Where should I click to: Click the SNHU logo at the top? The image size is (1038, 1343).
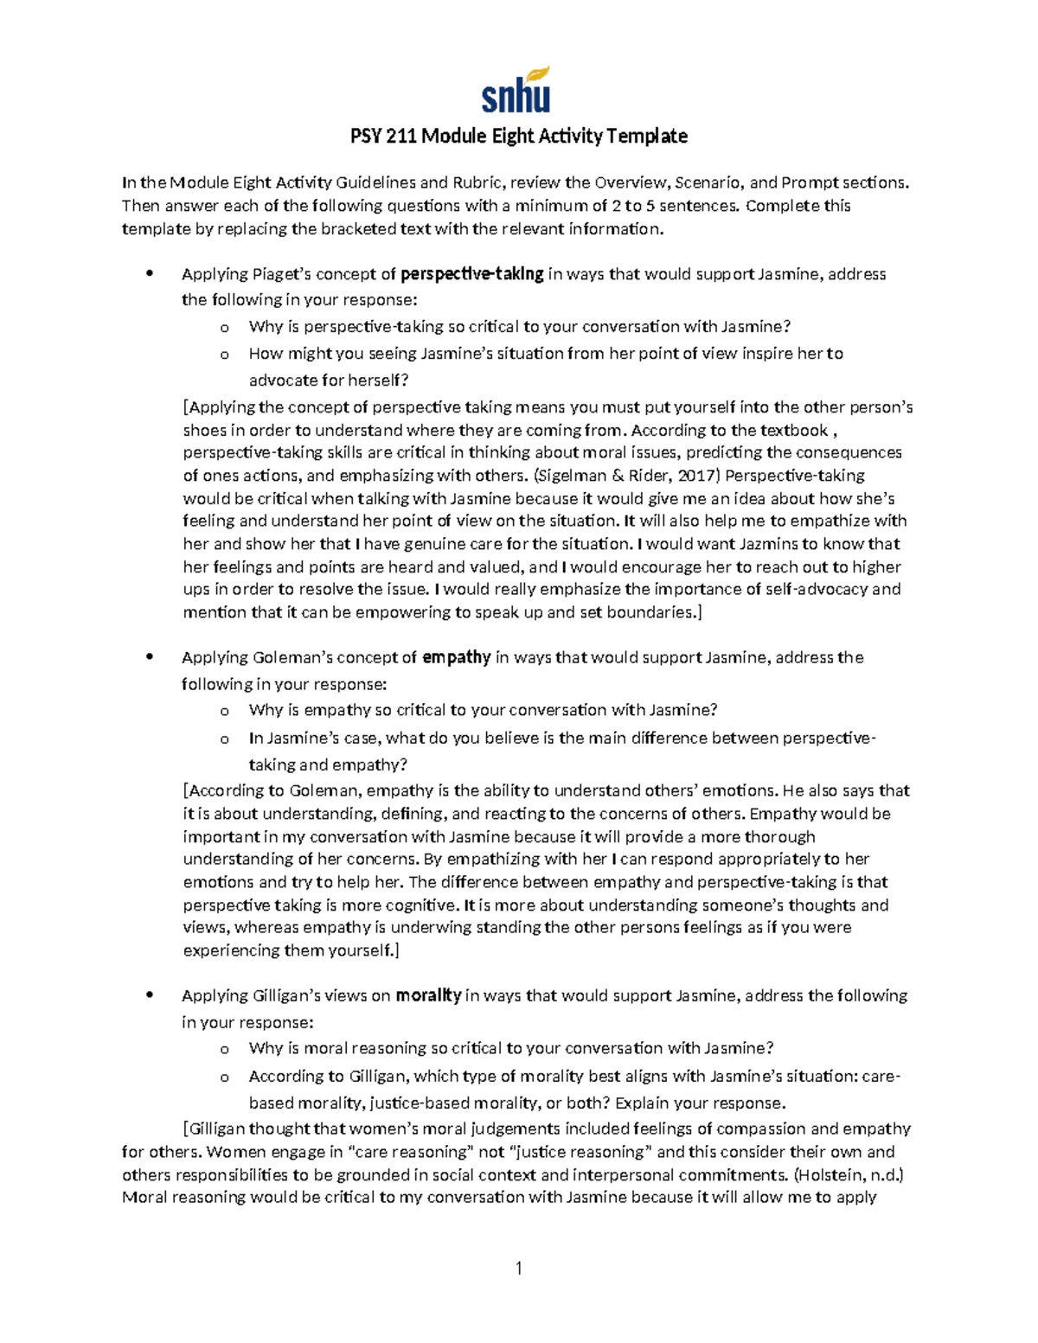pyautogui.click(x=516, y=91)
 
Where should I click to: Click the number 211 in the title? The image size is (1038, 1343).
pyautogui.click(x=400, y=136)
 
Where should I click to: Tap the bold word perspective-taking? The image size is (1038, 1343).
pyautogui.click(x=472, y=274)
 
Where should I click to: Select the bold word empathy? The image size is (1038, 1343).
pyautogui.click(x=456, y=657)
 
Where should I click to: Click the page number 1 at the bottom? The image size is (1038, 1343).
pyautogui.click(x=518, y=1269)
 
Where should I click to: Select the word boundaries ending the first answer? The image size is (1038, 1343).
pyautogui.click(x=655, y=612)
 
